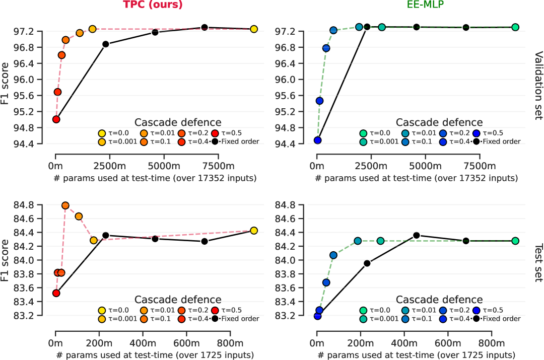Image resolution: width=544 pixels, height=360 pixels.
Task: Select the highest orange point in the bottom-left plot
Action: [x=65, y=205]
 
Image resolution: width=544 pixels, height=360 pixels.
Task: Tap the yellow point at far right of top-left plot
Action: [x=254, y=29]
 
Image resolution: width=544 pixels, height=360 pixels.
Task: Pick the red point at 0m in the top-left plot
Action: [x=56, y=119]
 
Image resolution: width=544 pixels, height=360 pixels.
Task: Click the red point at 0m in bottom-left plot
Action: [x=56, y=293]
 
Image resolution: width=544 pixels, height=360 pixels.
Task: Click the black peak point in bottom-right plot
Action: [x=417, y=235]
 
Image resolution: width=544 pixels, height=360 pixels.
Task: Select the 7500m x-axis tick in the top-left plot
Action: [x=218, y=166]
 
